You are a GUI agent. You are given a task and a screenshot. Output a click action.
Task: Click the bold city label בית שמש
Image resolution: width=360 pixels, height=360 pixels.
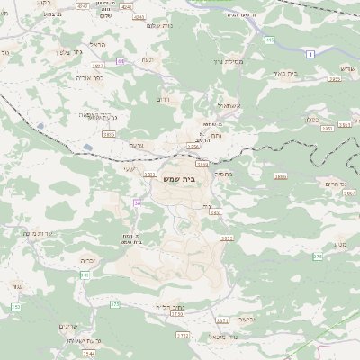pyautogui.click(x=179, y=179)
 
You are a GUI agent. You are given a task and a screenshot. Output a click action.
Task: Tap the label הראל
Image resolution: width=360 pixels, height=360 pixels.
pyautogui.click(x=97, y=43)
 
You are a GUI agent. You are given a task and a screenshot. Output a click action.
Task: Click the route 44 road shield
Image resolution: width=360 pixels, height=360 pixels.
pyautogui.click(x=121, y=61)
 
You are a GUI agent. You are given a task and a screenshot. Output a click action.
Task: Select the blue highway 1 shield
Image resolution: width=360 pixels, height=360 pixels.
pyautogui.click(x=310, y=55)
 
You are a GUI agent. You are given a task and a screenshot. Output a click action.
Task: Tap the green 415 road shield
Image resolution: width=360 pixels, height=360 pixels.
pyautogui.click(x=269, y=40)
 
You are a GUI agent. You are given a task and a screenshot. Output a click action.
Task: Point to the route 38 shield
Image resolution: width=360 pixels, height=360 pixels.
pyautogui.click(x=138, y=204)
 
